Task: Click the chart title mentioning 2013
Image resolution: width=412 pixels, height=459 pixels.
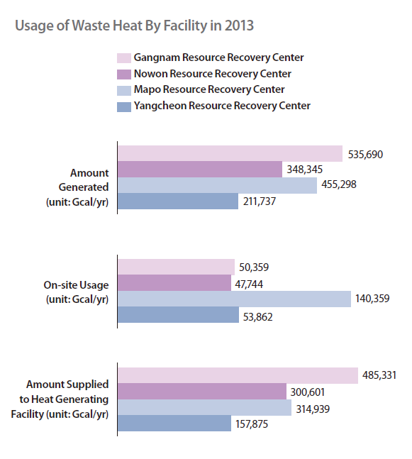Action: click(134, 26)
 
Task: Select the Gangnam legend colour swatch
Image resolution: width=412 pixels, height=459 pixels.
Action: click(124, 58)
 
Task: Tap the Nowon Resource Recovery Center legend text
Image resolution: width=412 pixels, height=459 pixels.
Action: click(213, 74)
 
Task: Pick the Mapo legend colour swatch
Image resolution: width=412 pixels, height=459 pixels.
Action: click(124, 91)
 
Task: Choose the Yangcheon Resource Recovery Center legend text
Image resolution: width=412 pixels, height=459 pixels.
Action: click(222, 106)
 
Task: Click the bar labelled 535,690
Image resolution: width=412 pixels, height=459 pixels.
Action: click(230, 153)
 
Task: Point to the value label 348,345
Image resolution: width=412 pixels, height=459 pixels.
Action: click(305, 170)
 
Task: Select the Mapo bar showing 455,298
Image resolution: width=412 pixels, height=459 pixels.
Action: click(218, 185)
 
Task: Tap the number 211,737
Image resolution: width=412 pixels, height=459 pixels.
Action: click(260, 201)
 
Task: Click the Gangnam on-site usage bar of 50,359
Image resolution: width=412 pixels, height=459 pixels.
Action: click(176, 267)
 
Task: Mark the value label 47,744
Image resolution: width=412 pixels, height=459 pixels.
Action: click(249, 284)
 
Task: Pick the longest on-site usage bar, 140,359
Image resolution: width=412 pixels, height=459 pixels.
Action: click(235, 299)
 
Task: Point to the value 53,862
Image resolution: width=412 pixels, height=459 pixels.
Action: click(258, 317)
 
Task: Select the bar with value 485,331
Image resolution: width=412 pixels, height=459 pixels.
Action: click(238, 375)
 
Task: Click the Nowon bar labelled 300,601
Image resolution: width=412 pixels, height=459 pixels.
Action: click(202, 392)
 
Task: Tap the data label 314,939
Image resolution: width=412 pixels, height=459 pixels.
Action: click(313, 409)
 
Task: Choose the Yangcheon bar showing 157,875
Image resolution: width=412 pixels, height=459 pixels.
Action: click(174, 424)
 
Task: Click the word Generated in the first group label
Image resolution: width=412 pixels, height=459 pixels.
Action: click(84, 187)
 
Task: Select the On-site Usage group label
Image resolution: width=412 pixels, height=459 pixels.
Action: click(76, 285)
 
